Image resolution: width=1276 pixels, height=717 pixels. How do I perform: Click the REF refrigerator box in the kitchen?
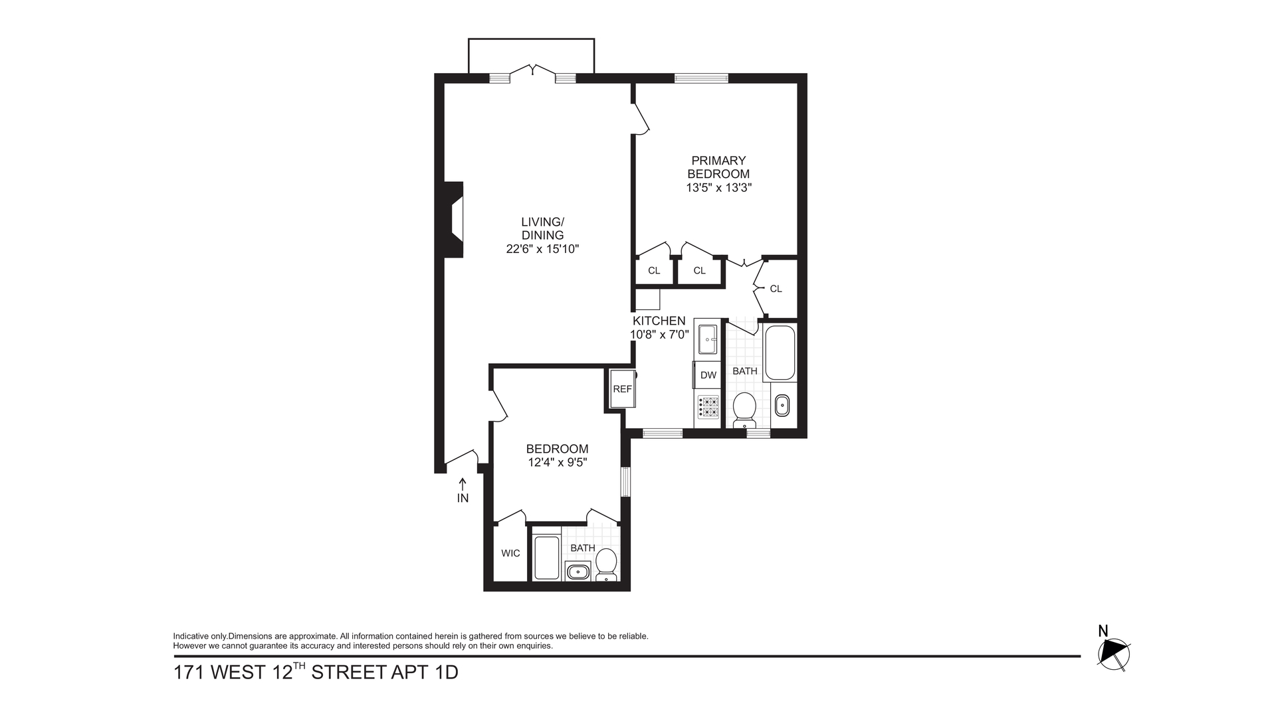pyautogui.click(x=623, y=389)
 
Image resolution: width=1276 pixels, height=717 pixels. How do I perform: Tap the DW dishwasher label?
pyautogui.click(x=708, y=375)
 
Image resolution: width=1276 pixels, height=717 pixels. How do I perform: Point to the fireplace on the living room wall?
pyautogui.click(x=454, y=220)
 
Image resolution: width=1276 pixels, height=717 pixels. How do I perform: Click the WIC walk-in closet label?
pyautogui.click(x=510, y=553)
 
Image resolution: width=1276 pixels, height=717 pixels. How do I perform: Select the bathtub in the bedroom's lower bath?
pyautogui.click(x=547, y=558)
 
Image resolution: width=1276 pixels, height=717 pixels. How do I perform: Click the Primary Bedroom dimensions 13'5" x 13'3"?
pyautogui.click(x=718, y=188)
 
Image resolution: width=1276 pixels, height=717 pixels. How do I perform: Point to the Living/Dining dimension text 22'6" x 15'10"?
pyautogui.click(x=542, y=249)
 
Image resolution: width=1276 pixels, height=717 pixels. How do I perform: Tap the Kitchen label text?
pyautogui.click(x=659, y=321)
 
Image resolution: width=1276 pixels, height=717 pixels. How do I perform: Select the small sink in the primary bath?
pyautogui.click(x=782, y=404)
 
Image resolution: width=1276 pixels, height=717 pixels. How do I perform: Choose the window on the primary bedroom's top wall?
pyautogui.click(x=701, y=78)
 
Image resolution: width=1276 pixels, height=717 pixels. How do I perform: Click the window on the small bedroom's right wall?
pyautogui.click(x=625, y=481)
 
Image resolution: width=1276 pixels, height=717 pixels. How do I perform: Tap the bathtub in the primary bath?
pyautogui.click(x=780, y=352)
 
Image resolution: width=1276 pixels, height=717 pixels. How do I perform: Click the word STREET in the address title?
pyautogui.click(x=348, y=673)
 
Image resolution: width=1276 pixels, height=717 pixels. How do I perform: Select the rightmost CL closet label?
pyautogui.click(x=776, y=289)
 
